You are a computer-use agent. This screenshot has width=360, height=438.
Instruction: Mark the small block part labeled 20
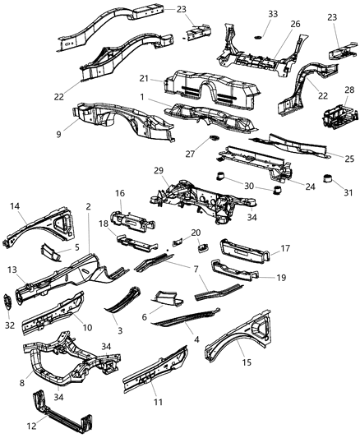pyautogui.click(x=201, y=245)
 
